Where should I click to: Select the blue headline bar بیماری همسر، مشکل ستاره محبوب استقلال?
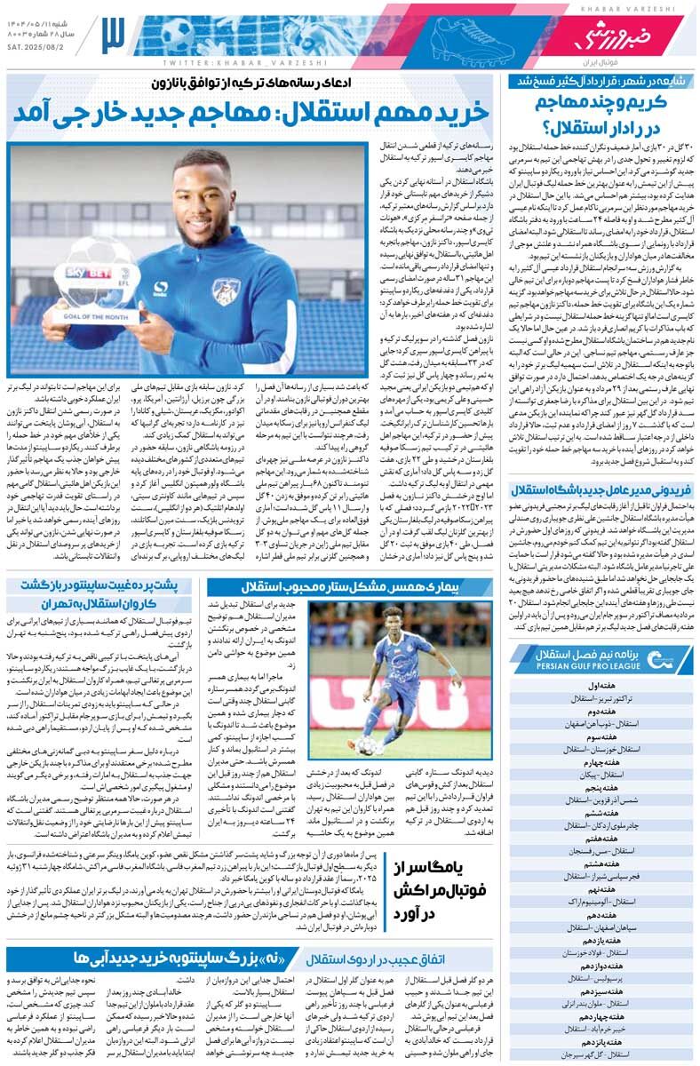(346, 586)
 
